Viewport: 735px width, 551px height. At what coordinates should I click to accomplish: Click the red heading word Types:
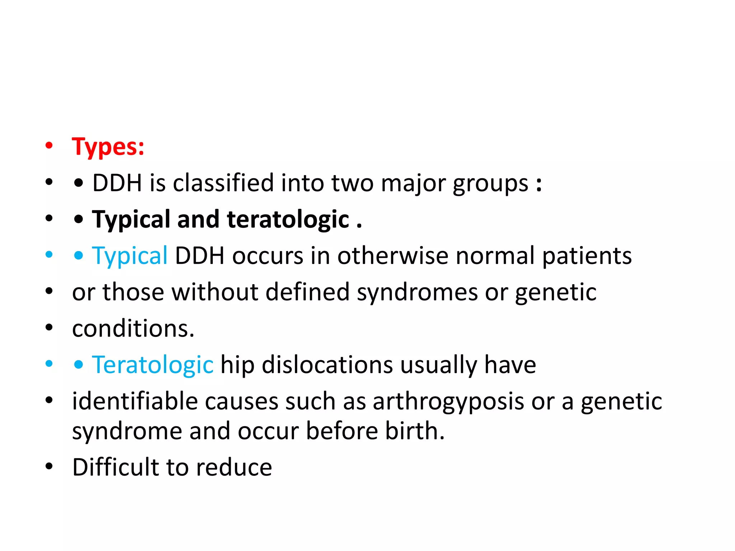[108, 147]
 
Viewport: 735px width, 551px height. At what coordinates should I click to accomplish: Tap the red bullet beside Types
[49, 146]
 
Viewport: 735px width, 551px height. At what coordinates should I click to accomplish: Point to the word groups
[490, 184]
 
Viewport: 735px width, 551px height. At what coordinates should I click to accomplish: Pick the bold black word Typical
[131, 220]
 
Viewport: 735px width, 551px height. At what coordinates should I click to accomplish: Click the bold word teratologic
[288, 220]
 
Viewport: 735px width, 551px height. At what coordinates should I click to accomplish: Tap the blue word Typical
[130, 256]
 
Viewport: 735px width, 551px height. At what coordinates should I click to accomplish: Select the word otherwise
[393, 256]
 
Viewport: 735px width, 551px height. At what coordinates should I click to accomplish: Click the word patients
[587, 256]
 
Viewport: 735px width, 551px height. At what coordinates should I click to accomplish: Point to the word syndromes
[417, 292]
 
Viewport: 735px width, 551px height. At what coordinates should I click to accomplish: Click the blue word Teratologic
[153, 365]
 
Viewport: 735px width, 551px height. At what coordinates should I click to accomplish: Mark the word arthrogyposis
[448, 402]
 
